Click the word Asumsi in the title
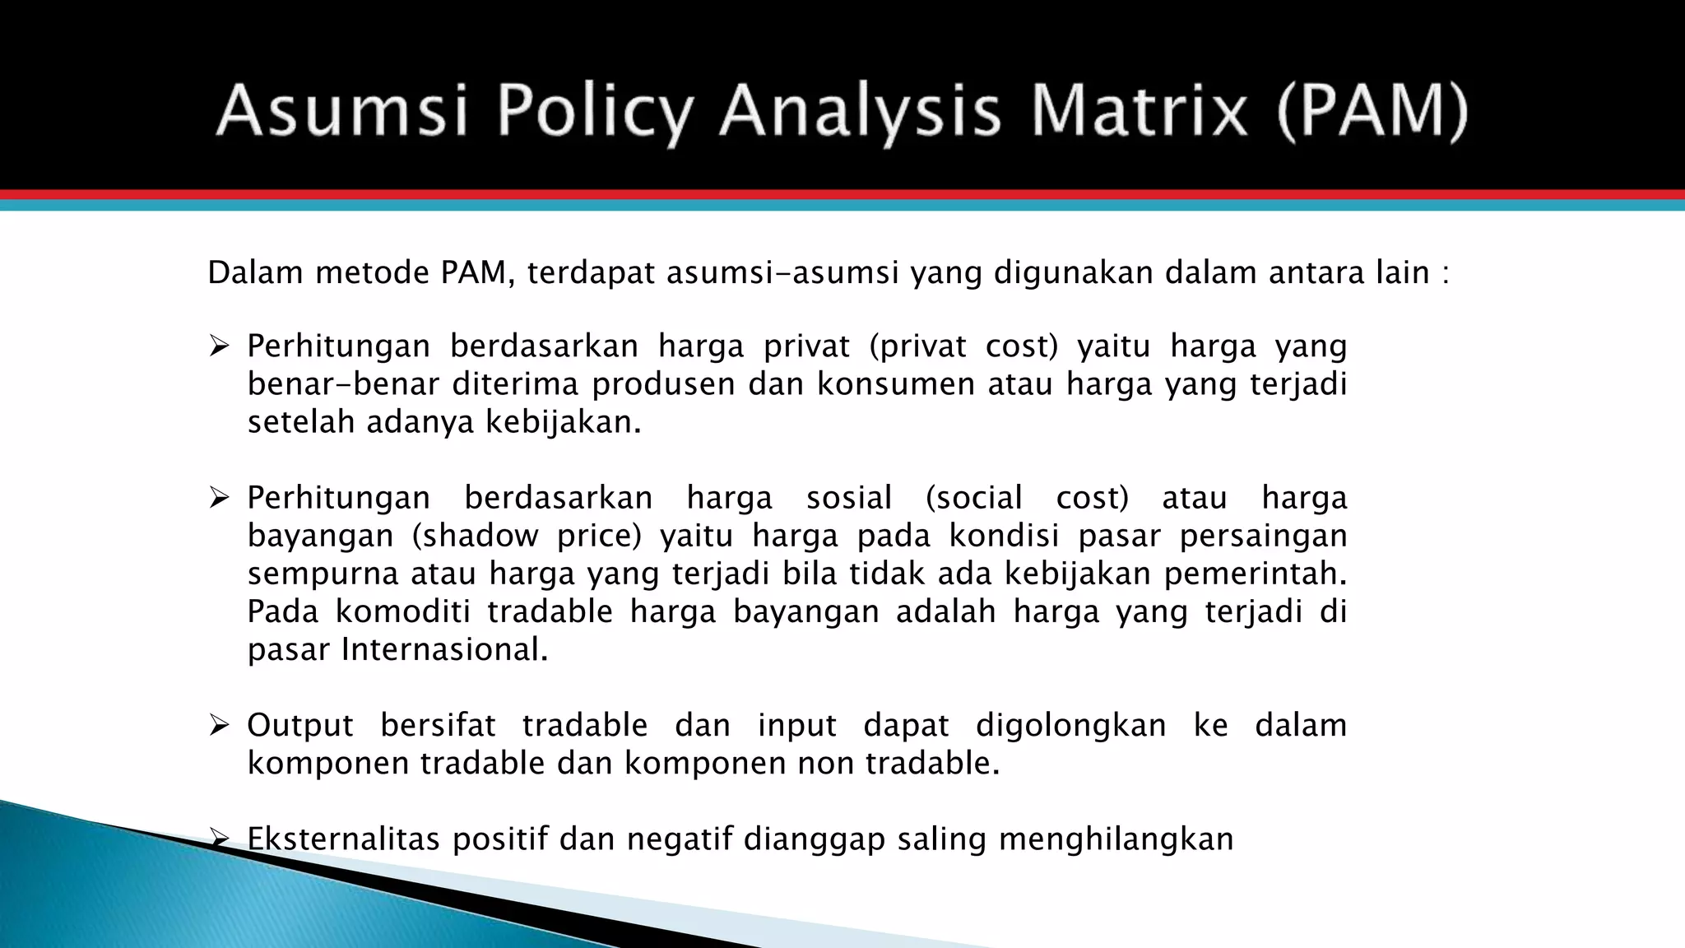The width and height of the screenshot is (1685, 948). tap(341, 111)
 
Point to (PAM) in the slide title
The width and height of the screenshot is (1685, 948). tap(1372, 113)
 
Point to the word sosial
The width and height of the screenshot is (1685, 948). tap(849, 498)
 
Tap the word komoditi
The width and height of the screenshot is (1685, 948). tap(403, 612)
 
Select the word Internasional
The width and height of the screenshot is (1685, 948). tap(444, 650)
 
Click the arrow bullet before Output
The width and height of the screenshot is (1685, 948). tap(218, 725)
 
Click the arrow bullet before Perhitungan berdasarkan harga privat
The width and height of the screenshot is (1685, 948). tap(218, 346)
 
